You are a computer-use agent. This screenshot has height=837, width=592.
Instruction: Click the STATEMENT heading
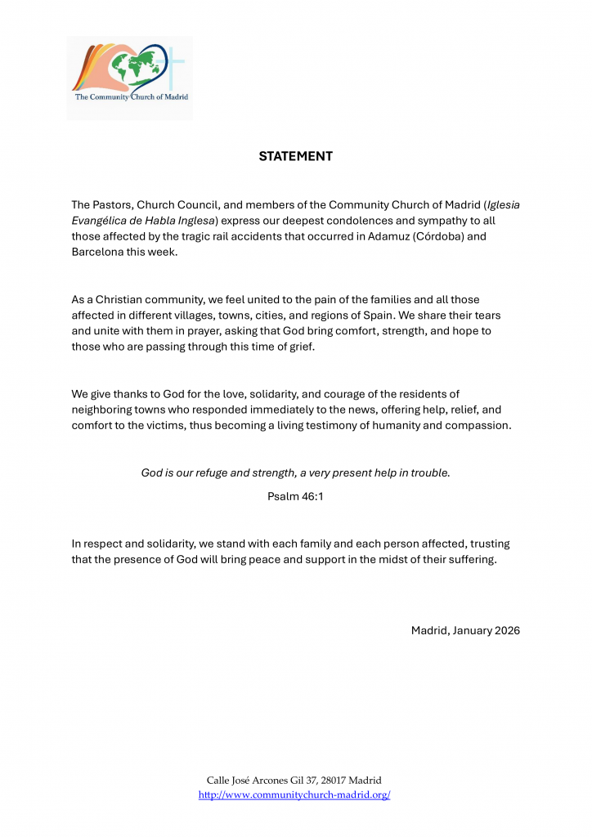tap(295, 156)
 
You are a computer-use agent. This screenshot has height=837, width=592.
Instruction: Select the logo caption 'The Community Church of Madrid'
tap(132, 96)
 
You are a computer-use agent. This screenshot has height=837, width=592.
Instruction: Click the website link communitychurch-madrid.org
tap(294, 794)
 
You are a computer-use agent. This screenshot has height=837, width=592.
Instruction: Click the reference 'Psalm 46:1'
tap(295, 496)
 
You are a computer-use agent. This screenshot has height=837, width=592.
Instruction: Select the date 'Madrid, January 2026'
tap(465, 630)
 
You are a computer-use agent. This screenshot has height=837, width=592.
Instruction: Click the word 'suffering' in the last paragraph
tap(469, 560)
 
